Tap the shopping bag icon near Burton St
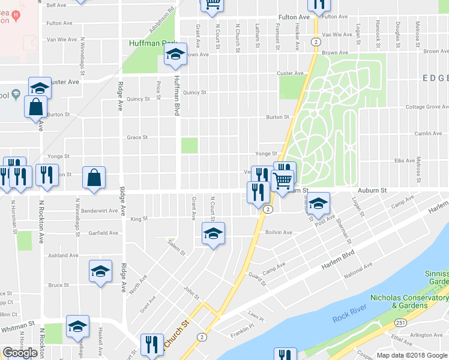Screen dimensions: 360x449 [35, 107]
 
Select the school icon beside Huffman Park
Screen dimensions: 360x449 [175, 55]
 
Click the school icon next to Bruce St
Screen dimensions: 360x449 [100, 271]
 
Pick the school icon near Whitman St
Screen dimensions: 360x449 [77, 326]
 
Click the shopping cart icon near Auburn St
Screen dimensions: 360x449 [282, 180]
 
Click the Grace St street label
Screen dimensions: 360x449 [137, 137]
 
